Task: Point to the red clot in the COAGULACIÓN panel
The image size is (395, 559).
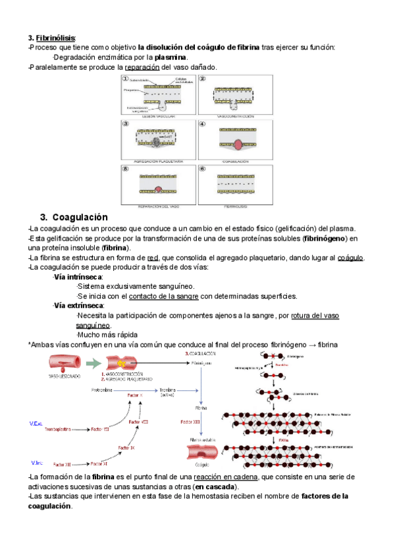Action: click(234, 144)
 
